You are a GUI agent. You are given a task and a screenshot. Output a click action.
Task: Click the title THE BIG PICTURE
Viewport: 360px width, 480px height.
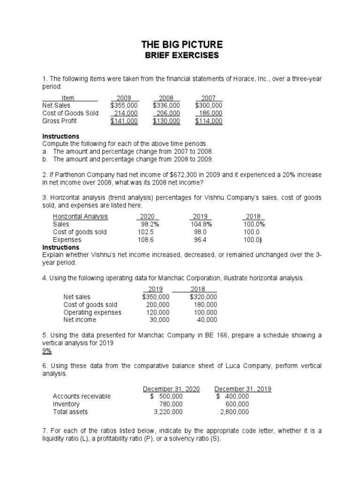point(180,45)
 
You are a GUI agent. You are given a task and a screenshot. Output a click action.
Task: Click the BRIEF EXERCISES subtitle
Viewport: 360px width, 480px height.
point(180,56)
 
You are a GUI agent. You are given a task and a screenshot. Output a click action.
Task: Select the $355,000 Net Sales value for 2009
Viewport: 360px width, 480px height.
point(124,105)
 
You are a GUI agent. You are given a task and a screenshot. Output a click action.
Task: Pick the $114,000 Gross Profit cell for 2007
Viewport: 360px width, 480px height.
point(209,121)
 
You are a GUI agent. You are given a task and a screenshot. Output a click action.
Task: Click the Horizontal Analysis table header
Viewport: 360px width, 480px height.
point(80,217)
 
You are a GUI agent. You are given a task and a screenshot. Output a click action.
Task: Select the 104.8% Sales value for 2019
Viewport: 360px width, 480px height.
point(201,224)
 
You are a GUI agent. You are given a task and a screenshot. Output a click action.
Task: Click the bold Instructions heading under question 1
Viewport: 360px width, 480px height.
point(61,136)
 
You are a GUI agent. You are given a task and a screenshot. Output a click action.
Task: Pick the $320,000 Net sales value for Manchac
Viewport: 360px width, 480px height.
point(203,297)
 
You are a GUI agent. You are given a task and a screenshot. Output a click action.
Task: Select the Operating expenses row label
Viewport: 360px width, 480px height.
point(92,312)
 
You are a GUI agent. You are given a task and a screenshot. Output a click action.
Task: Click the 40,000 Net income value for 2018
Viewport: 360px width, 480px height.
point(207,320)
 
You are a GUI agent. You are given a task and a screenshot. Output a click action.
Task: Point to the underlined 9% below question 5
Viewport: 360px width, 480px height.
point(47,351)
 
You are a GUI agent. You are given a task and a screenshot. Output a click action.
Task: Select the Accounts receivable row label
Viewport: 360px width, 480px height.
point(82,397)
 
